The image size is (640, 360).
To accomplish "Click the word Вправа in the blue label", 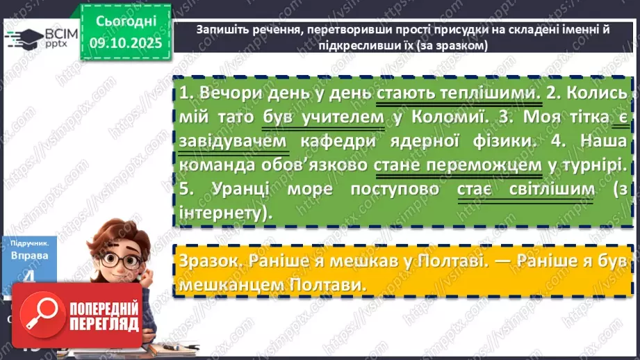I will (30, 255).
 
